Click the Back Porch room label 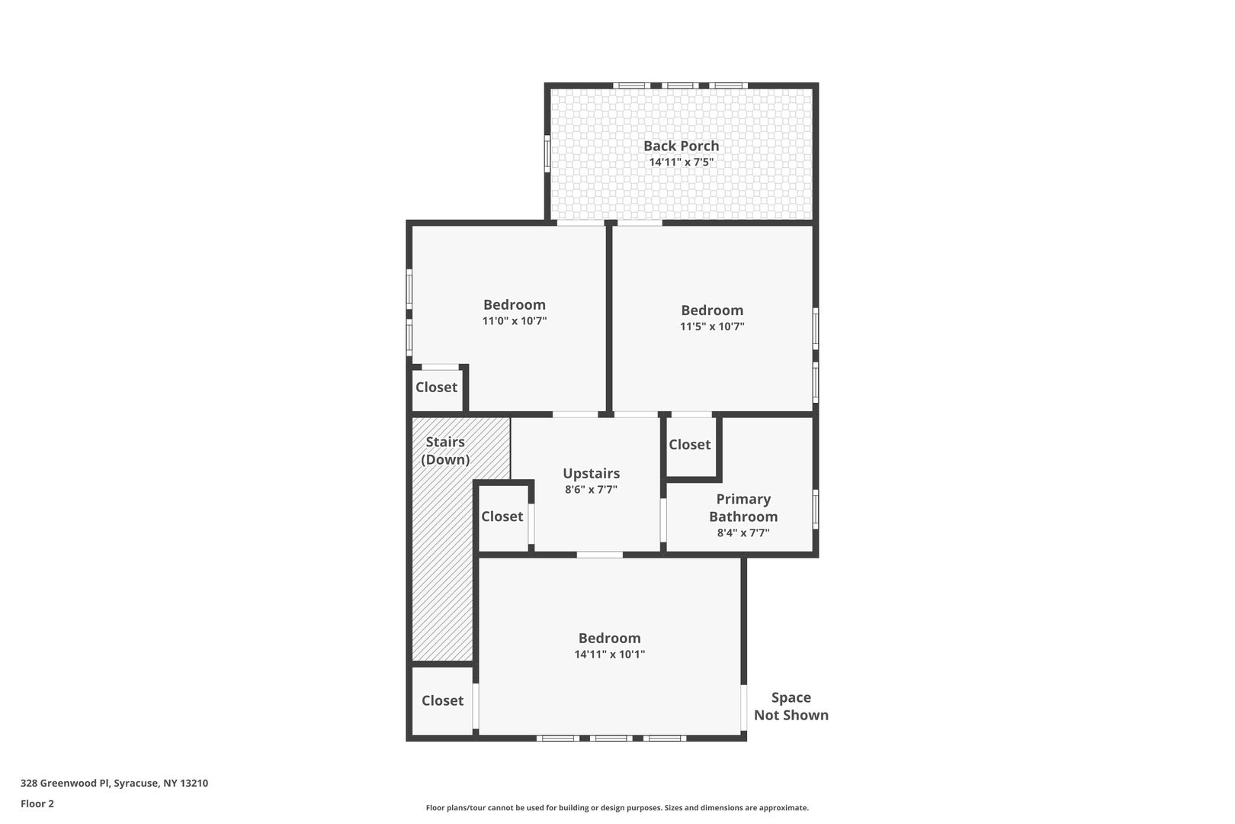(x=681, y=146)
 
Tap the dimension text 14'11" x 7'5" (x=681, y=163)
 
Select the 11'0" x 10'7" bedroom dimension (x=515, y=320)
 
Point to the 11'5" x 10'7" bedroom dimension (x=712, y=327)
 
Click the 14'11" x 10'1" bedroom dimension (x=609, y=654)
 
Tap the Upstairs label (x=591, y=474)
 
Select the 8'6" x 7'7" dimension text (x=591, y=490)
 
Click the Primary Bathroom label (x=743, y=508)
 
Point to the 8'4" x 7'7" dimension (x=743, y=533)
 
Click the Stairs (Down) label (x=445, y=450)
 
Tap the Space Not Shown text (x=791, y=706)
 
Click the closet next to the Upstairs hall (x=503, y=517)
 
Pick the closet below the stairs (x=442, y=700)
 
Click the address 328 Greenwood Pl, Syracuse (x=114, y=783)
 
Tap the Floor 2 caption (x=37, y=803)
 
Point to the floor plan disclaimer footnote (x=617, y=807)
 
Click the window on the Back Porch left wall (x=547, y=153)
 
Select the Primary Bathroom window (x=816, y=509)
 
